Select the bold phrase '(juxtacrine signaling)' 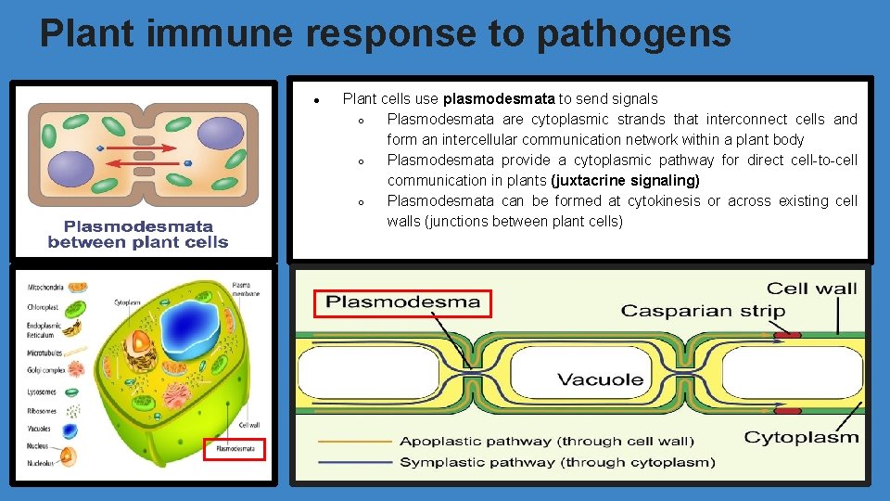(x=625, y=180)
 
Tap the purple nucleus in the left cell (x=71, y=173)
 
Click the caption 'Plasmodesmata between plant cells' (x=137, y=234)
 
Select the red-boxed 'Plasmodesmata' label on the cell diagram (x=235, y=449)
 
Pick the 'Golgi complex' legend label (x=45, y=371)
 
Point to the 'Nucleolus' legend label (x=42, y=463)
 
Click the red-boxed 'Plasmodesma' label (x=403, y=302)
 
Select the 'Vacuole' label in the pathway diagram (x=600, y=379)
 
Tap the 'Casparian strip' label (x=702, y=311)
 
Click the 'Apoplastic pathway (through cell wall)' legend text (x=546, y=441)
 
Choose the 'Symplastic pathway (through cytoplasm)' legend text (x=557, y=461)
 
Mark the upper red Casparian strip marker (x=787, y=335)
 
